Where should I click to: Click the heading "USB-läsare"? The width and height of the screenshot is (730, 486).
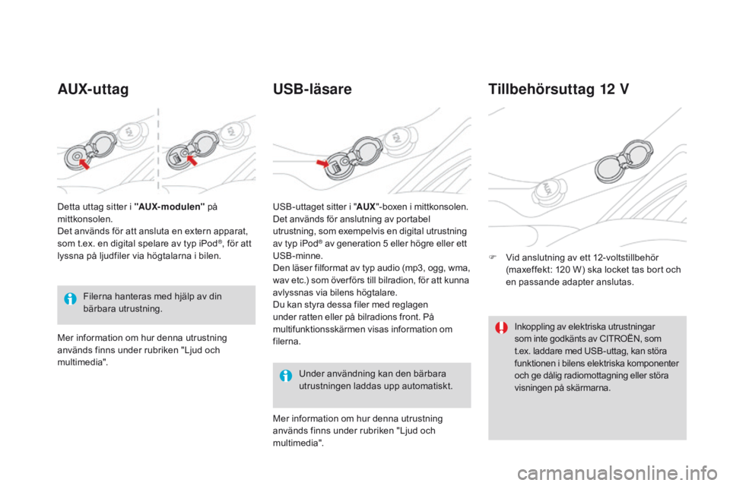click(x=312, y=90)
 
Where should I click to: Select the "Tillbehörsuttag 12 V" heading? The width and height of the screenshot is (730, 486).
click(x=557, y=90)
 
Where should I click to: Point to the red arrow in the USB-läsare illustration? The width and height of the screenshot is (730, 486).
click(x=323, y=163)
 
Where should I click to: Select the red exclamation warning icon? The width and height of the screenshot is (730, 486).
click(x=501, y=328)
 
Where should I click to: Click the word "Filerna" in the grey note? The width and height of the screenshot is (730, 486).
click(x=98, y=296)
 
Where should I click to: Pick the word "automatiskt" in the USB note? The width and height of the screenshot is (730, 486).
click(x=428, y=386)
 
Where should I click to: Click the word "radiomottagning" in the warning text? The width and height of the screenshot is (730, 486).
click(x=597, y=376)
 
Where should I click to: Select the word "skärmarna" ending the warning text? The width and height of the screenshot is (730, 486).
click(x=588, y=388)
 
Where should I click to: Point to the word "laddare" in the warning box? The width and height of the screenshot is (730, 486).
click(x=551, y=352)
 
